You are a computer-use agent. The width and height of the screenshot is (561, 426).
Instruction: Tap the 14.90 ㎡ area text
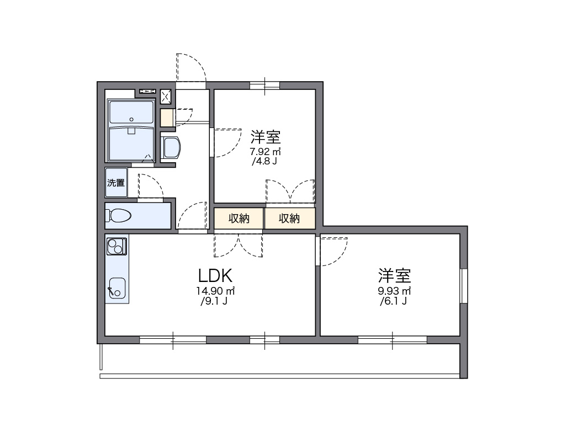click(x=215, y=291)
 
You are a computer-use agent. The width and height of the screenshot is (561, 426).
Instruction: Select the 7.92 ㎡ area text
click(x=266, y=151)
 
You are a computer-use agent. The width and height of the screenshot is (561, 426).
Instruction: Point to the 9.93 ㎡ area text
click(x=394, y=291)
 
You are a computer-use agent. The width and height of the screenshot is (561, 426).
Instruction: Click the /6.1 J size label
click(x=393, y=301)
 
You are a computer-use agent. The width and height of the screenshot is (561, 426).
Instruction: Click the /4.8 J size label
click(x=264, y=162)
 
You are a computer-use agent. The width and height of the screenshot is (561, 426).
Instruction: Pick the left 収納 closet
click(x=239, y=219)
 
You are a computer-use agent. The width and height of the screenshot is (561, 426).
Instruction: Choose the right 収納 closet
click(x=289, y=219)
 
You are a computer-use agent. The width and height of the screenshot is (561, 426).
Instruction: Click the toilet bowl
click(x=119, y=215)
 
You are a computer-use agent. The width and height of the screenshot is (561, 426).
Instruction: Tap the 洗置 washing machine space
click(x=116, y=183)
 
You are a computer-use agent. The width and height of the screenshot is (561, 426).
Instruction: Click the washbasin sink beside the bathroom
click(x=171, y=148)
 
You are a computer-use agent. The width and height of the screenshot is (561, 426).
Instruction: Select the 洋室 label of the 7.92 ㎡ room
click(x=266, y=136)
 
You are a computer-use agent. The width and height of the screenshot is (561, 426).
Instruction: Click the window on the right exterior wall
click(x=464, y=286)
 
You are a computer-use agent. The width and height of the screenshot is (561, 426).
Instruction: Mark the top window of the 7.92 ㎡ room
click(x=264, y=85)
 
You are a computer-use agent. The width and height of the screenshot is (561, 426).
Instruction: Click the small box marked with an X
click(x=166, y=97)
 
